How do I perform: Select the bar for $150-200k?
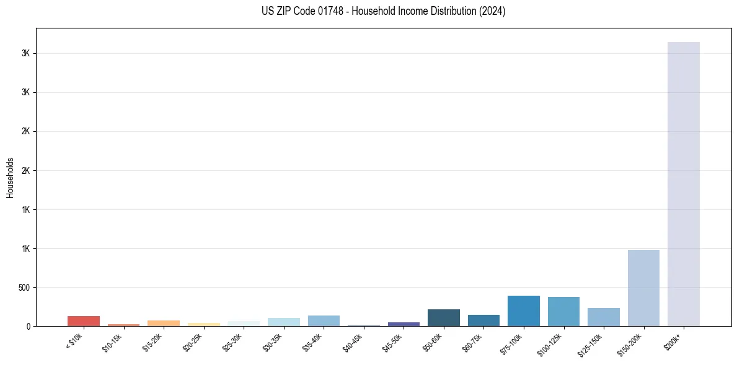pyautogui.click(x=643, y=288)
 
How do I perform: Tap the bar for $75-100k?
pyautogui.click(x=523, y=311)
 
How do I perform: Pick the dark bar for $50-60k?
pyautogui.click(x=443, y=318)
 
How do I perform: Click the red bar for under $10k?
pyautogui.click(x=84, y=321)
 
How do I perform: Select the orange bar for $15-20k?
pyautogui.click(x=164, y=323)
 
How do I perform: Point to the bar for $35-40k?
pyautogui.click(x=324, y=320)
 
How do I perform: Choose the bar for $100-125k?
pyautogui.click(x=563, y=312)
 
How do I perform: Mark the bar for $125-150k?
pyautogui.click(x=603, y=317)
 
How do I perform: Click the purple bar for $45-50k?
pyautogui.click(x=404, y=324)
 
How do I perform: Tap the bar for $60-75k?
pyautogui.click(x=483, y=320)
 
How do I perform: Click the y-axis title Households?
pyautogui.click(x=10, y=177)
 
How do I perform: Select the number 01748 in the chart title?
pyautogui.click(x=327, y=11)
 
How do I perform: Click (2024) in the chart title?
pyautogui.click(x=492, y=11)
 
